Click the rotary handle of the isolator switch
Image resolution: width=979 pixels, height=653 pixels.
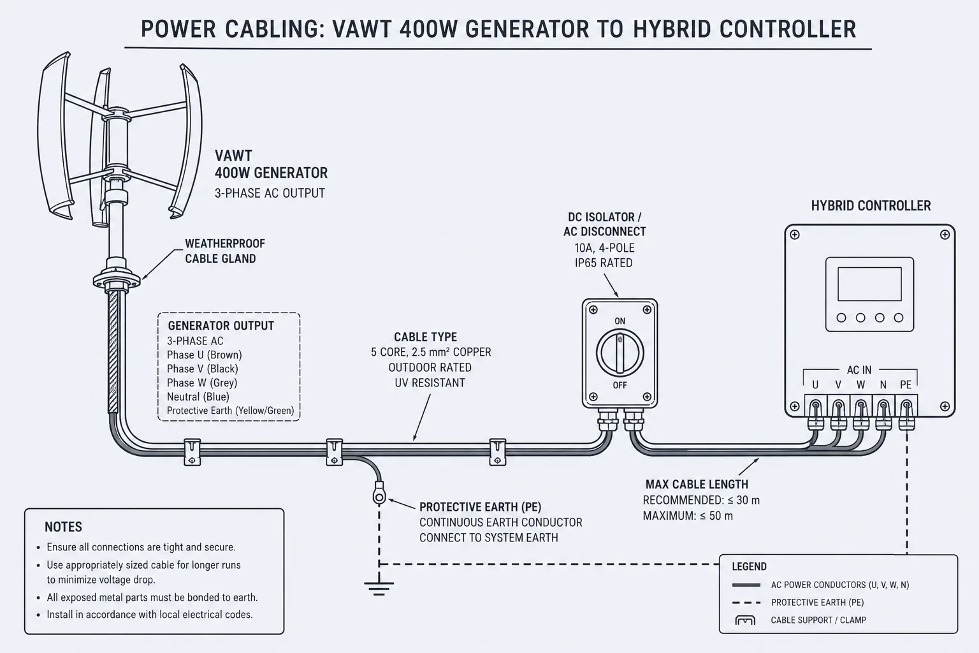point(620,353)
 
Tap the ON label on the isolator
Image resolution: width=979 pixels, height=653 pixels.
point(620,321)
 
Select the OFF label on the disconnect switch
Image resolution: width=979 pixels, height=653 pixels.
point(620,385)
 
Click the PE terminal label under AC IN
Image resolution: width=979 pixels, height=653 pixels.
point(906,385)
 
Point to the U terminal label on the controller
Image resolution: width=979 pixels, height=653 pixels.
point(815,385)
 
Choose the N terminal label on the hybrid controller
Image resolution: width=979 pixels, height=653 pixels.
point(883,385)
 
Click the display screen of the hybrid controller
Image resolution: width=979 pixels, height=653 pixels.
point(869,284)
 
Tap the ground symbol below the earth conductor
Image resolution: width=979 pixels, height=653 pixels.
point(379,588)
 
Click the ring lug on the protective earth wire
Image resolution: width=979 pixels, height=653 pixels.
point(379,493)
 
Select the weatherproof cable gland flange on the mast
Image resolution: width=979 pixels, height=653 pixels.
point(117,280)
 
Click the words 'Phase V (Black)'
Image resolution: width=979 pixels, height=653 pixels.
point(202,369)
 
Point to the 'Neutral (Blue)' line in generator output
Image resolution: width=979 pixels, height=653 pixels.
point(198,397)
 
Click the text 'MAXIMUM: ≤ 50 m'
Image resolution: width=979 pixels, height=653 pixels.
point(688,516)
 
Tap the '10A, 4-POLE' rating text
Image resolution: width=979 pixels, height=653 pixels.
point(604,248)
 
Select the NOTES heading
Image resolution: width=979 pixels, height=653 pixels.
point(63,527)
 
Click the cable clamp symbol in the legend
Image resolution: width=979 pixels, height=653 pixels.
point(745,620)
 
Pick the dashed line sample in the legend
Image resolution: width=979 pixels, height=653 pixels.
point(746,603)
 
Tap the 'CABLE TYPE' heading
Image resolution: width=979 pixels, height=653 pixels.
point(426,337)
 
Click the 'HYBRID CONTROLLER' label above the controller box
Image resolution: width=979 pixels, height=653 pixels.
point(871,206)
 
